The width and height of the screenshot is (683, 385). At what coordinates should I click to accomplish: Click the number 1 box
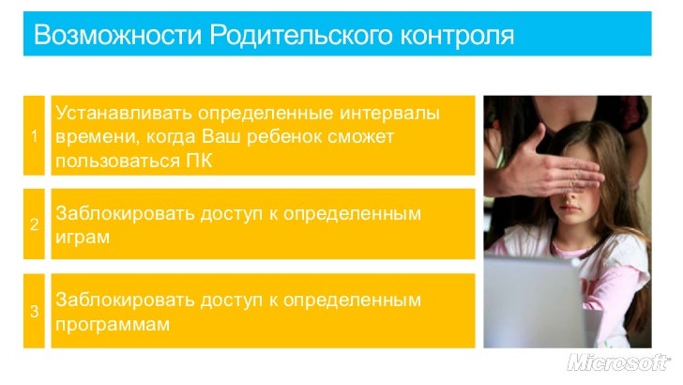(x=34, y=135)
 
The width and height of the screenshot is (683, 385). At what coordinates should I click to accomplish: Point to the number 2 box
(x=34, y=224)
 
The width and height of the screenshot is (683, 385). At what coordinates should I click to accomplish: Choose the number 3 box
(x=34, y=312)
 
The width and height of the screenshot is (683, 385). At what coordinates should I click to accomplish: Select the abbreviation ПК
(x=200, y=162)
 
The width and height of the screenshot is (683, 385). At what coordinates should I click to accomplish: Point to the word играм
(x=83, y=238)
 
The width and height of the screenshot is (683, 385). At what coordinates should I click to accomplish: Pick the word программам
(x=113, y=325)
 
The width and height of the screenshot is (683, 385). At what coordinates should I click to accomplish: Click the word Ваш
(x=231, y=137)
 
